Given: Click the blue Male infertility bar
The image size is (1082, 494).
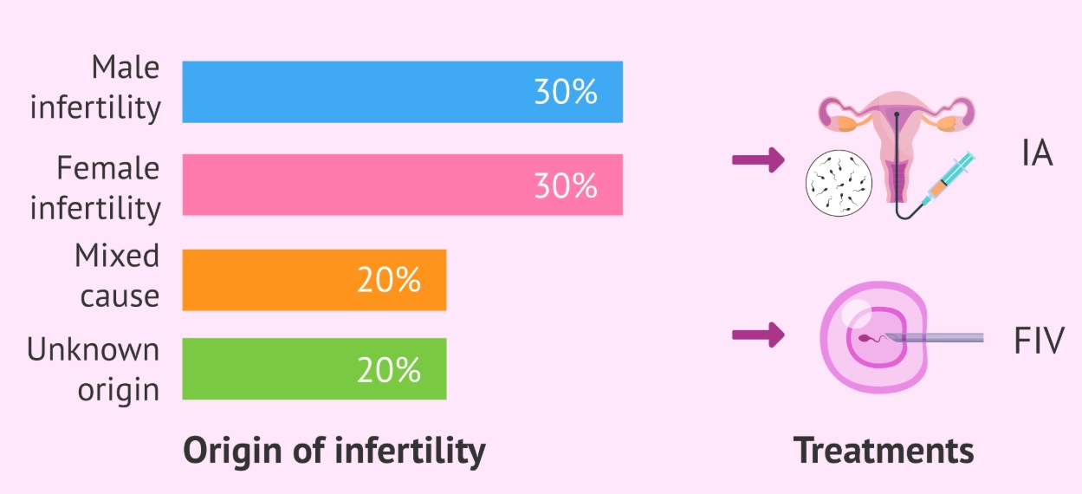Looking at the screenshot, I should click(402, 92).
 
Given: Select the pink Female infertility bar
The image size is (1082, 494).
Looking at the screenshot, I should click(402, 185).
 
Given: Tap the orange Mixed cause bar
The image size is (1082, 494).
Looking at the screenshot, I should click(314, 280).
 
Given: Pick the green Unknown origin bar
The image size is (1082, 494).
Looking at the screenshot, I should click(314, 369).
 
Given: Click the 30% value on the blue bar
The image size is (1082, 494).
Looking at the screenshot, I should click(565, 93).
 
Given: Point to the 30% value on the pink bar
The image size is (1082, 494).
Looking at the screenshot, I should click(565, 185).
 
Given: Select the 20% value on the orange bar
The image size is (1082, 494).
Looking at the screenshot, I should click(389, 280).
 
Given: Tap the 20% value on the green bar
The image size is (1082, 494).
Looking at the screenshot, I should click(389, 370).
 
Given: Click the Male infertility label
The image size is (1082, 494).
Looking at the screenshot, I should click(95, 88).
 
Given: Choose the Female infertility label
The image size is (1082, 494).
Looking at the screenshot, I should click(95, 188).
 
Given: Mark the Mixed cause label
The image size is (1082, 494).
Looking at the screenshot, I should click(117, 276).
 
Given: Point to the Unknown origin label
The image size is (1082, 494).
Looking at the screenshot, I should click(94, 369).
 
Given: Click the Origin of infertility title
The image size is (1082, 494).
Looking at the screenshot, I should click(334, 451).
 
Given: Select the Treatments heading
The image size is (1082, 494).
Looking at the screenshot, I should click(884, 451).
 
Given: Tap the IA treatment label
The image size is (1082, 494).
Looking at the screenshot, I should click(1036, 154).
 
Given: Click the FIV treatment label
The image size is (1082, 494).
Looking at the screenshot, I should click(1038, 341).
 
